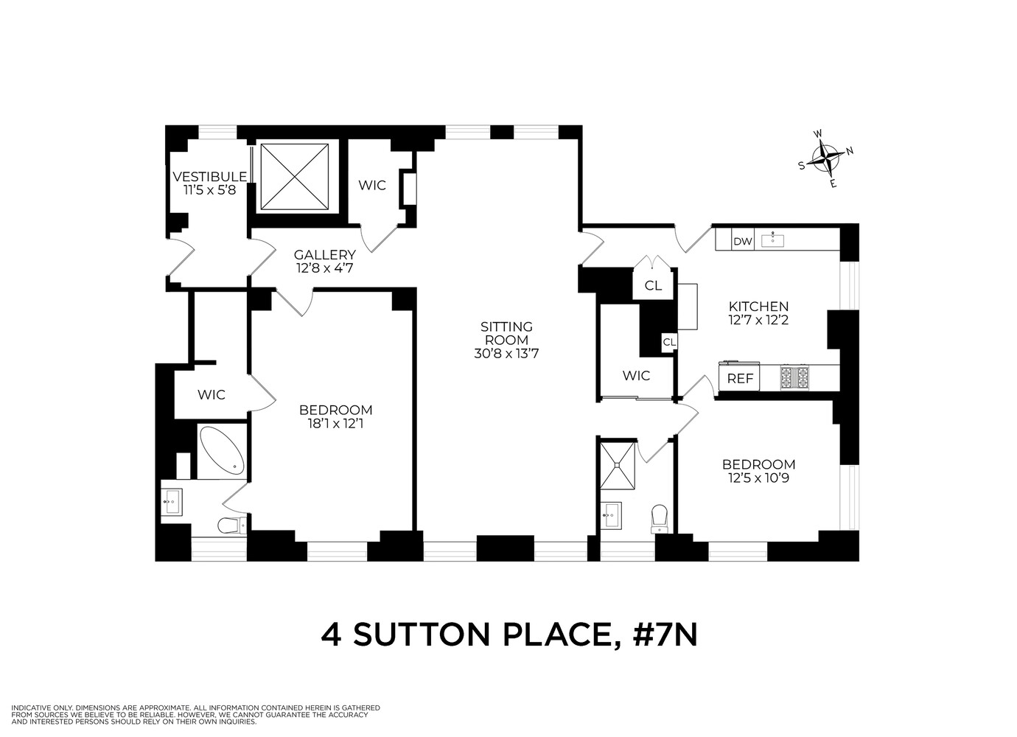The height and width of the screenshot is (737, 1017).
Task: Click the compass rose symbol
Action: click(x=826, y=158)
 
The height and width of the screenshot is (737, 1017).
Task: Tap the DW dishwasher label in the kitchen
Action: click(x=741, y=241)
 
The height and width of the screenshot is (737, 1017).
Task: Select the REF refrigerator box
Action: click(x=740, y=378)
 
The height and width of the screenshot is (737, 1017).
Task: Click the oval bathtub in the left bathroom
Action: click(x=223, y=449)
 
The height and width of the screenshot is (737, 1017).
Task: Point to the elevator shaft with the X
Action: click(x=294, y=177)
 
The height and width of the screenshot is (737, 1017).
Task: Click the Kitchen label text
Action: click(x=758, y=307)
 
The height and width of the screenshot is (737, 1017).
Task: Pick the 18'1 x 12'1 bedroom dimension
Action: click(x=335, y=424)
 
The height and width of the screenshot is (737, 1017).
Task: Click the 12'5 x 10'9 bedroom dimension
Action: click(x=758, y=478)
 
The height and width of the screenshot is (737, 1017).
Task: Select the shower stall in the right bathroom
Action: click(x=617, y=464)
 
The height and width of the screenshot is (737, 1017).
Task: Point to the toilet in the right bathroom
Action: click(x=659, y=518)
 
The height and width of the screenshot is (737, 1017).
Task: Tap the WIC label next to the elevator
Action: click(x=372, y=185)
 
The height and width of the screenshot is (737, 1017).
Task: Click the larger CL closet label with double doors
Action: click(x=653, y=286)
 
